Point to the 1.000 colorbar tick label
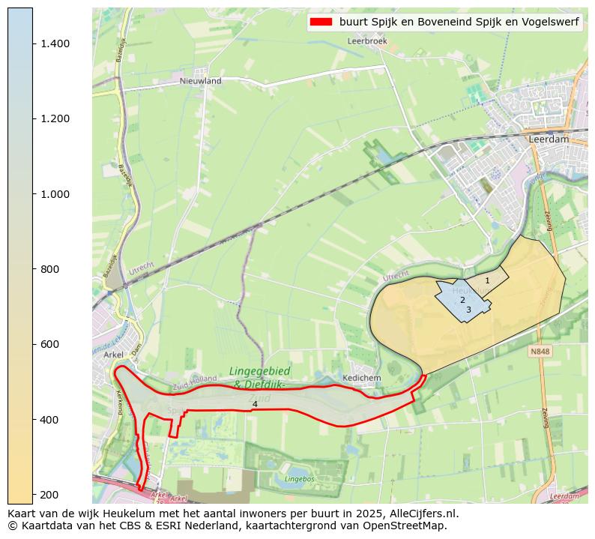click(x=55, y=194)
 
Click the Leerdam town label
click(x=549, y=139)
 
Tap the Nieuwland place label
click(x=200, y=80)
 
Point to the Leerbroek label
click(x=367, y=41)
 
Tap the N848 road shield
click(x=540, y=351)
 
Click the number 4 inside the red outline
click(x=255, y=404)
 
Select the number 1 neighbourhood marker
click(x=487, y=281)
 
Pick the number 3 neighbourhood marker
click(x=468, y=310)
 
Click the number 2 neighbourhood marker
click(x=462, y=300)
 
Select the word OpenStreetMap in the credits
click(x=409, y=526)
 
